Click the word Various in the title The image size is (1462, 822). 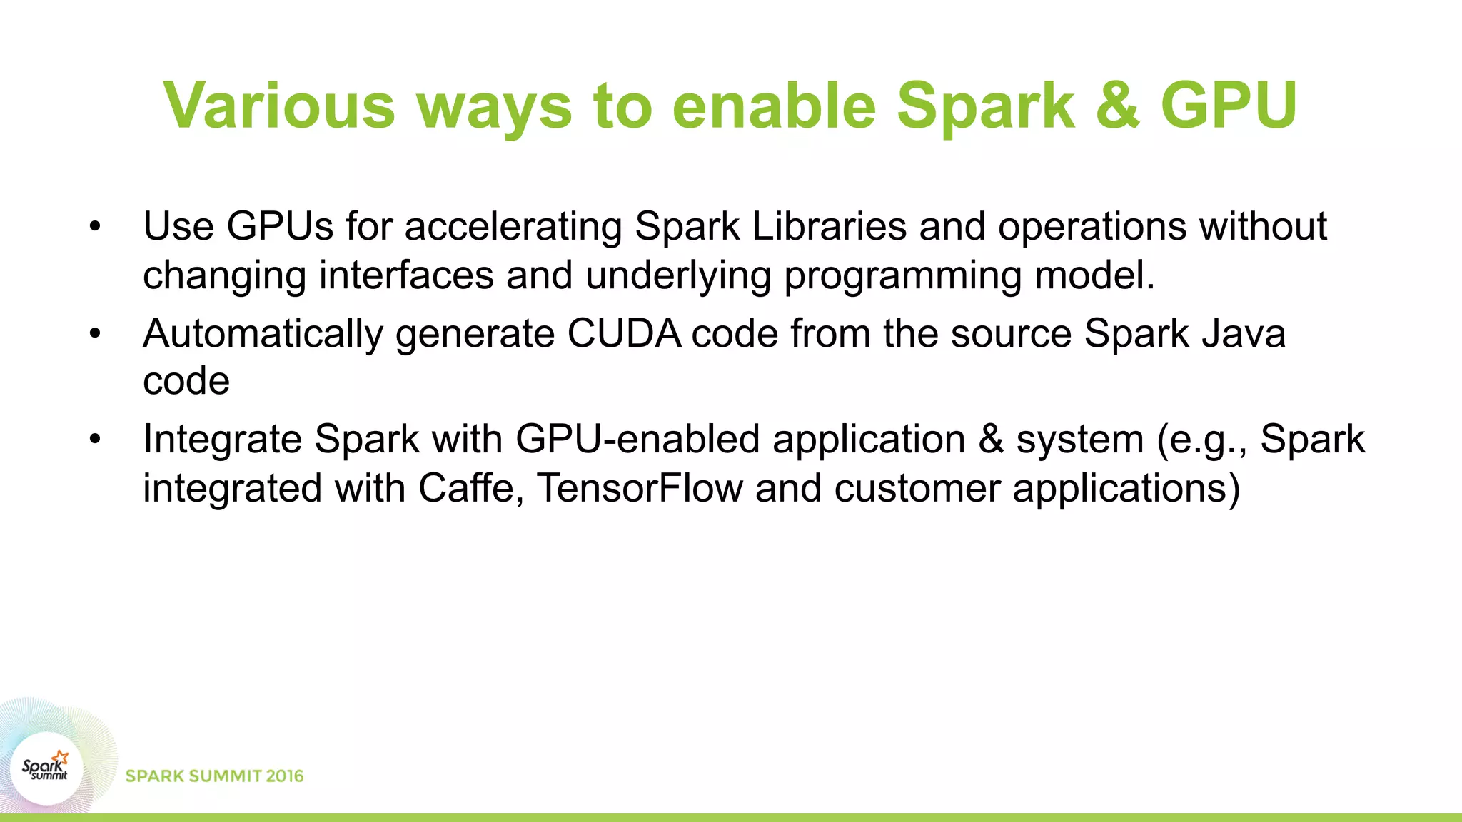[x=279, y=106]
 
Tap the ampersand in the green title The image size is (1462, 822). [x=1117, y=106]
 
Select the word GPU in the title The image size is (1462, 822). [x=1229, y=106]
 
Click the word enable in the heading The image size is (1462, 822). [x=774, y=106]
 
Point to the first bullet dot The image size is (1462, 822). [x=96, y=227]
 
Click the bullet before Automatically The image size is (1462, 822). [x=96, y=333]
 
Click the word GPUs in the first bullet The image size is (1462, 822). [x=280, y=227]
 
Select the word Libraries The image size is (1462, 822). [x=829, y=227]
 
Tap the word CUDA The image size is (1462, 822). [x=624, y=333]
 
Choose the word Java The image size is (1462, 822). [x=1244, y=333]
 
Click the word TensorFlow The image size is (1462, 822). [x=640, y=488]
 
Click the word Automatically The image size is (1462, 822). [x=263, y=333]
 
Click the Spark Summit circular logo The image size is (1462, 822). [x=46, y=768]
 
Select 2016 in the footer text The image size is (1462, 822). [x=285, y=776]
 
